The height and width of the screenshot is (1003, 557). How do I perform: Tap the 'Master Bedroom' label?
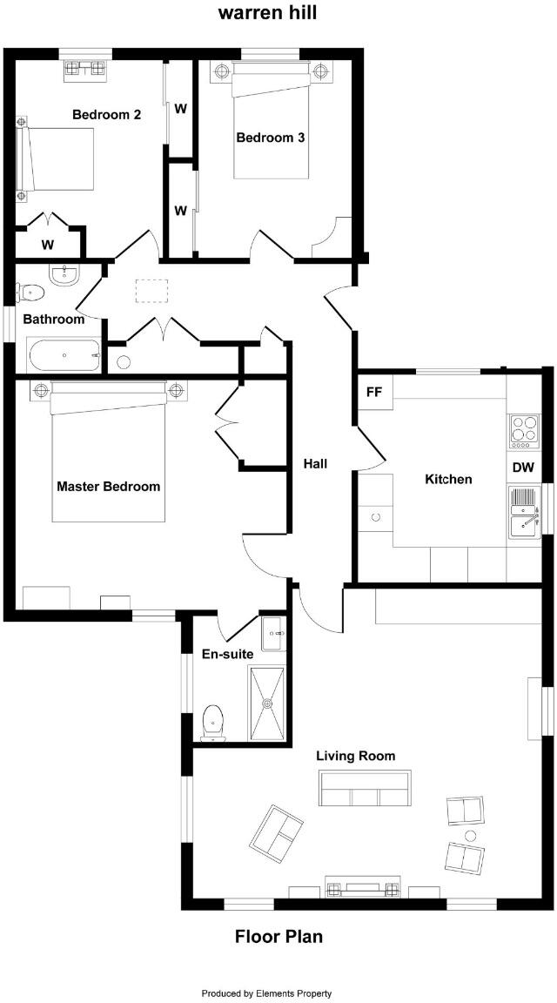pos(108,486)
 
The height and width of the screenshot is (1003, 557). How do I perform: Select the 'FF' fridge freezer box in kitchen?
pos(374,392)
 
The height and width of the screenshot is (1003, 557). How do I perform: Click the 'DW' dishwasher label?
pos(522,468)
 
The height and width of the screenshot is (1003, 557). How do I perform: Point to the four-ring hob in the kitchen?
pos(524,431)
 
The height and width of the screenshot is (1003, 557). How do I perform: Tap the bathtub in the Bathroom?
pos(64,355)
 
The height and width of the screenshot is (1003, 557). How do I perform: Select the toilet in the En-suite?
pos(212,723)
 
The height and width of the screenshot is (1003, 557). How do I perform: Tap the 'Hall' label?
pos(315,464)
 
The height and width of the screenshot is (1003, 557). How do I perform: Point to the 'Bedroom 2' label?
pos(106,114)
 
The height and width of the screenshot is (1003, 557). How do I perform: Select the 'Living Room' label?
pos(355,756)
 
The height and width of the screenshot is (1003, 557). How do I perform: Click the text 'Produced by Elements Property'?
pos(266,993)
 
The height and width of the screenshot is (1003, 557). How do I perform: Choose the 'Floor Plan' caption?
pos(278,937)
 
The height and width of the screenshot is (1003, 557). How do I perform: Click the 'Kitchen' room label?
pos(448,479)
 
